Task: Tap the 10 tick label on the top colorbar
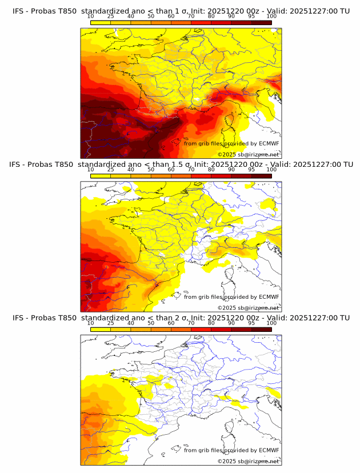tap(90, 17)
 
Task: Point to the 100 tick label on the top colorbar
tap(271, 17)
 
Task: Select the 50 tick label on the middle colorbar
tap(151, 170)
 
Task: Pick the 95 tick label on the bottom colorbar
tap(251, 323)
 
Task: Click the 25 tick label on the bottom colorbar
tap(110, 323)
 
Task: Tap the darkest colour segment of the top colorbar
tap(261, 22)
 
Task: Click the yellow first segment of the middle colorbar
tap(100, 175)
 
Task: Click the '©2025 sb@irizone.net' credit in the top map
tap(248, 154)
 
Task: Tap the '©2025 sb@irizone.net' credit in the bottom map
tap(248, 461)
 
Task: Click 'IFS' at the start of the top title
tap(18, 11)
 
